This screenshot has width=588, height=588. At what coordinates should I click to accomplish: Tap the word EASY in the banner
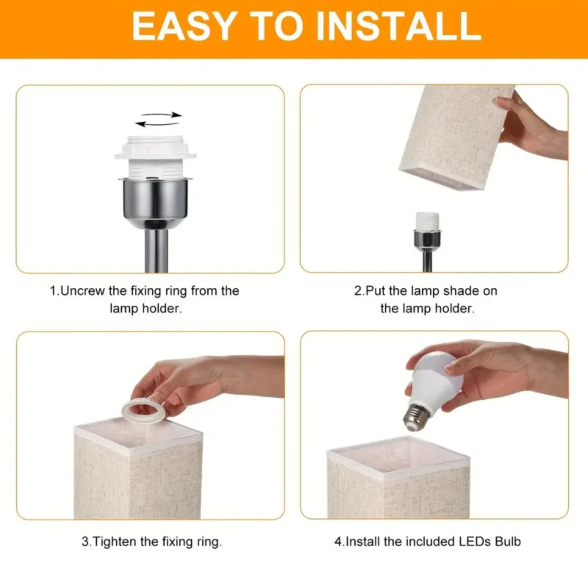179,27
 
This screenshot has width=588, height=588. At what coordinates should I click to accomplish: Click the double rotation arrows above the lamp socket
159,119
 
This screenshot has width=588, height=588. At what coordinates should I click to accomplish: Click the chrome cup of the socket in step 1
159,198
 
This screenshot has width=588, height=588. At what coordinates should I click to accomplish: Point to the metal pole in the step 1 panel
159,250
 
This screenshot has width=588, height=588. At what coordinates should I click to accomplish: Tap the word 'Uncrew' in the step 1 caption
82,291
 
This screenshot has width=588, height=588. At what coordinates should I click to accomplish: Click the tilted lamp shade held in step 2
456,136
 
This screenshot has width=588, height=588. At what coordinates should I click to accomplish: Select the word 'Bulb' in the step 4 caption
507,542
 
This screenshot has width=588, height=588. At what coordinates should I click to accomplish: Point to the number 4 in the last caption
338,542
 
